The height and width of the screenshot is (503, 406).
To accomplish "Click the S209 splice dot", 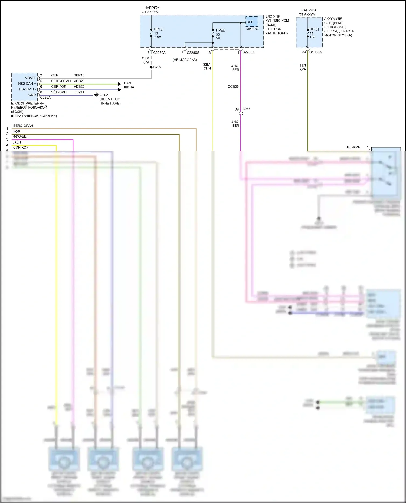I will click(x=151, y=67).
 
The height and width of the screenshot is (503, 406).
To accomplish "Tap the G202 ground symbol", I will click(x=96, y=95).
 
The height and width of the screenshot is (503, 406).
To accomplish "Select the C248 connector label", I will click(x=246, y=109).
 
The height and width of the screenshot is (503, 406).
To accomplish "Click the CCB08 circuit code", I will click(x=233, y=87).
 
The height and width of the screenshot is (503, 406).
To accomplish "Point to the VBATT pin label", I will click(x=30, y=78).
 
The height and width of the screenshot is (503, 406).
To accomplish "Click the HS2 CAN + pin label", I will click(x=27, y=84).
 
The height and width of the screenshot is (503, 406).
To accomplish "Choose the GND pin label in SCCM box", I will click(x=32, y=95).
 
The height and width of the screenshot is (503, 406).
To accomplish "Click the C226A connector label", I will click(x=45, y=98).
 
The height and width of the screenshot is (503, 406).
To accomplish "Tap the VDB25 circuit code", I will click(x=79, y=81).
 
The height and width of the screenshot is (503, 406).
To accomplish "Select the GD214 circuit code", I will click(x=79, y=92).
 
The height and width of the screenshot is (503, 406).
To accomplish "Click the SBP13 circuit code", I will click(x=79, y=75).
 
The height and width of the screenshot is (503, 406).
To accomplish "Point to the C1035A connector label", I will click(x=315, y=52).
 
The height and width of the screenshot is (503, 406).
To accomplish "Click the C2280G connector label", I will click(x=193, y=53).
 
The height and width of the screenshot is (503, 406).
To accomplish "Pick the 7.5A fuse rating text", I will click(x=158, y=37).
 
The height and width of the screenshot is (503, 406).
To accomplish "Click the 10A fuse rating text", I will click(x=312, y=37).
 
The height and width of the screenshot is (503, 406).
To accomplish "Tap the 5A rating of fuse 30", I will click(x=218, y=38).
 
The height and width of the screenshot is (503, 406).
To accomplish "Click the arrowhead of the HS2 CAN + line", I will click(x=119, y=84).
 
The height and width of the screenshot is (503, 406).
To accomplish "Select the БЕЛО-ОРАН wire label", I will click(x=23, y=126).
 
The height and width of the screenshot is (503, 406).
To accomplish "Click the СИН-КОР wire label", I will click(x=21, y=148).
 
